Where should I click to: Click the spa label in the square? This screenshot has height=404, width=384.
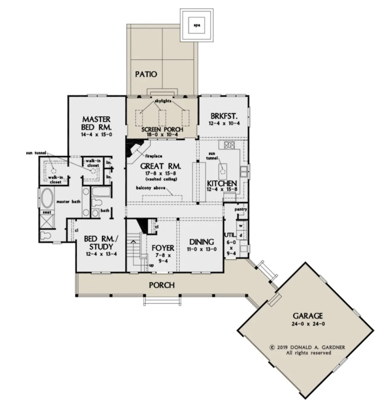pos(197,26)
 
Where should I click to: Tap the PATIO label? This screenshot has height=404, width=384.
pos(146,74)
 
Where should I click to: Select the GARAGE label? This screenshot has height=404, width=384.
pos(308,316)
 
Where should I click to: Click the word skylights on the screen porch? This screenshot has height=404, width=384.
pos(163,101)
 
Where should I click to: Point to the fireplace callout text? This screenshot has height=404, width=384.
pos(154,156)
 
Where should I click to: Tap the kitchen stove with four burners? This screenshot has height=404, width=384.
pos(229,145)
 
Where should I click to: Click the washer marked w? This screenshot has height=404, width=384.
pos(241,226)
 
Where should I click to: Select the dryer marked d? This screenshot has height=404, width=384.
pos(241,235)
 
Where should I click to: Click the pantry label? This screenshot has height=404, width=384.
pos(241,210)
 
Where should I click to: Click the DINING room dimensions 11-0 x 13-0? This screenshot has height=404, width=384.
pos(201,250)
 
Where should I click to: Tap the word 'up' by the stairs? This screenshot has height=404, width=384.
pos(151,265)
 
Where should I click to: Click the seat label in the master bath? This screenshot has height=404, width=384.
pos(47,212)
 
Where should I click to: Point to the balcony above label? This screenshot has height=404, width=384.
pos(151,188)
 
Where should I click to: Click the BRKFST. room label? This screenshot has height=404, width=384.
pos(224,116)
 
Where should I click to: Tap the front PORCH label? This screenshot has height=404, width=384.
pos(162,285)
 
